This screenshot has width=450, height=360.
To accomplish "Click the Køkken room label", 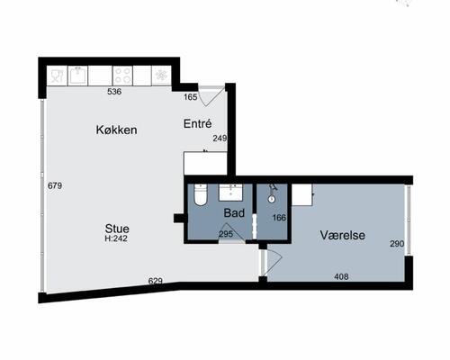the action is click(116, 130).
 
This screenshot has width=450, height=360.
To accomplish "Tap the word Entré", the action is click(198, 123).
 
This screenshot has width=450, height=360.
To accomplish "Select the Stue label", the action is click(117, 229).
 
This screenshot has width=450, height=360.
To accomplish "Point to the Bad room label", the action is click(234, 213).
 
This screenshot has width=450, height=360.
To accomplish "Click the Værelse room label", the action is click(343, 235).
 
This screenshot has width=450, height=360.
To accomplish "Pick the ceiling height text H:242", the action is click(116, 238).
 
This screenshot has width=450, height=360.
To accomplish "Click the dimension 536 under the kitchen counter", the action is click(114, 92).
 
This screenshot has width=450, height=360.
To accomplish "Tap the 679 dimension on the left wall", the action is click(55, 186).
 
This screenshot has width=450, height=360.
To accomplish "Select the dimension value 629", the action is click(156, 281).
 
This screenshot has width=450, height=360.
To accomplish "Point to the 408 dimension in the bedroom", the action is click(341, 276).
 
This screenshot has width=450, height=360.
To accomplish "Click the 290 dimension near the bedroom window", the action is click(397, 244).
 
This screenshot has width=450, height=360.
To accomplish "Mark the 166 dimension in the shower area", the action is click(279, 218).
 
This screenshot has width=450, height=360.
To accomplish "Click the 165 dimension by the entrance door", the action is click(191, 97).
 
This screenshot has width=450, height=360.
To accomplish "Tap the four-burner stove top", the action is click(122, 76).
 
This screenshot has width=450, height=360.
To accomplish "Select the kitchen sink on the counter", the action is click(78, 76).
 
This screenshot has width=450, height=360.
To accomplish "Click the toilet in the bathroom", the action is click(201, 195).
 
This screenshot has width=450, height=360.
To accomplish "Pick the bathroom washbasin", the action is click(230, 193).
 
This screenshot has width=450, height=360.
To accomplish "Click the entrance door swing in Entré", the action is click(211, 95).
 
